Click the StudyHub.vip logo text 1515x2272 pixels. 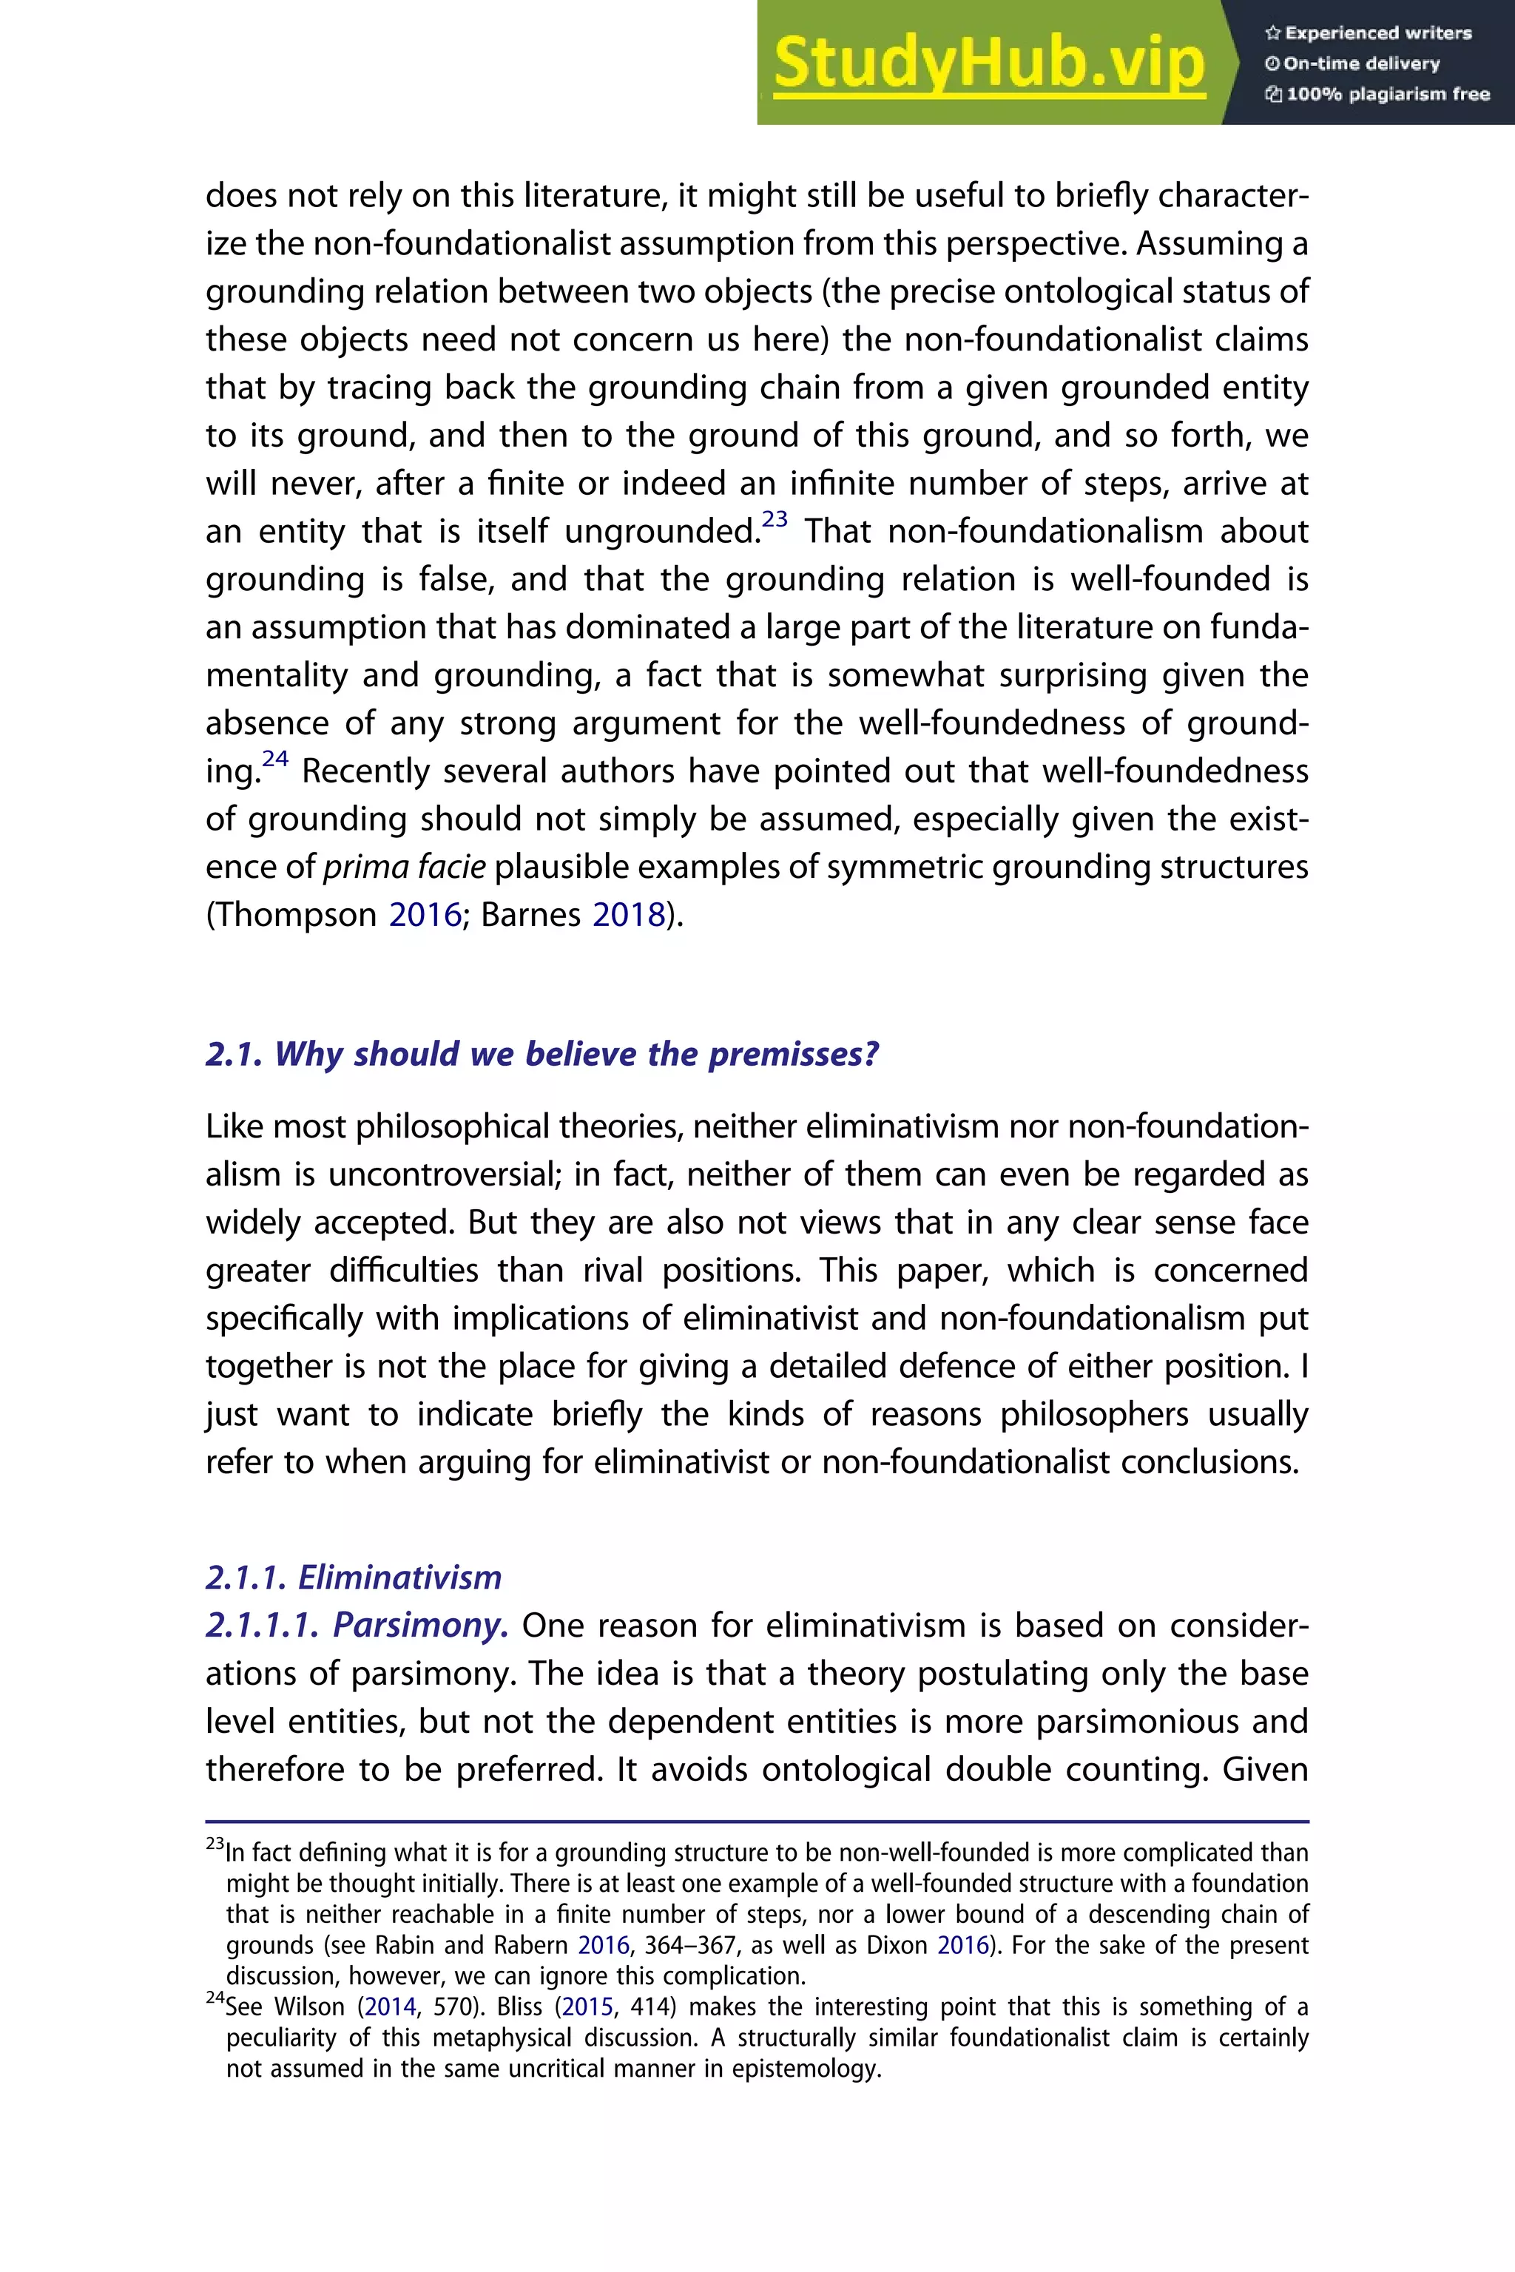pyautogui.click(x=988, y=64)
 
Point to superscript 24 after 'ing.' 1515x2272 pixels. pyautogui.click(x=275, y=758)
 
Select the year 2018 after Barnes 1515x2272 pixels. pyautogui.click(x=628, y=915)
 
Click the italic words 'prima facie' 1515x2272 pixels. pyautogui.click(x=404, y=867)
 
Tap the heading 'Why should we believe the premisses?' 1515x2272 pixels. pyautogui.click(x=542, y=1054)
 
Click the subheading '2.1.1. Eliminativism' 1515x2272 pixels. pyautogui.click(x=354, y=1578)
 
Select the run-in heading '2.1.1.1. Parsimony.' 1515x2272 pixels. pyautogui.click(x=357, y=1626)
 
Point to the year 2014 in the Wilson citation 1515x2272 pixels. pyautogui.click(x=391, y=2007)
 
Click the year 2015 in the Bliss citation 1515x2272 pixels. pyautogui.click(x=587, y=2007)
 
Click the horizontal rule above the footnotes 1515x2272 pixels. pyautogui.click(x=757, y=1822)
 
